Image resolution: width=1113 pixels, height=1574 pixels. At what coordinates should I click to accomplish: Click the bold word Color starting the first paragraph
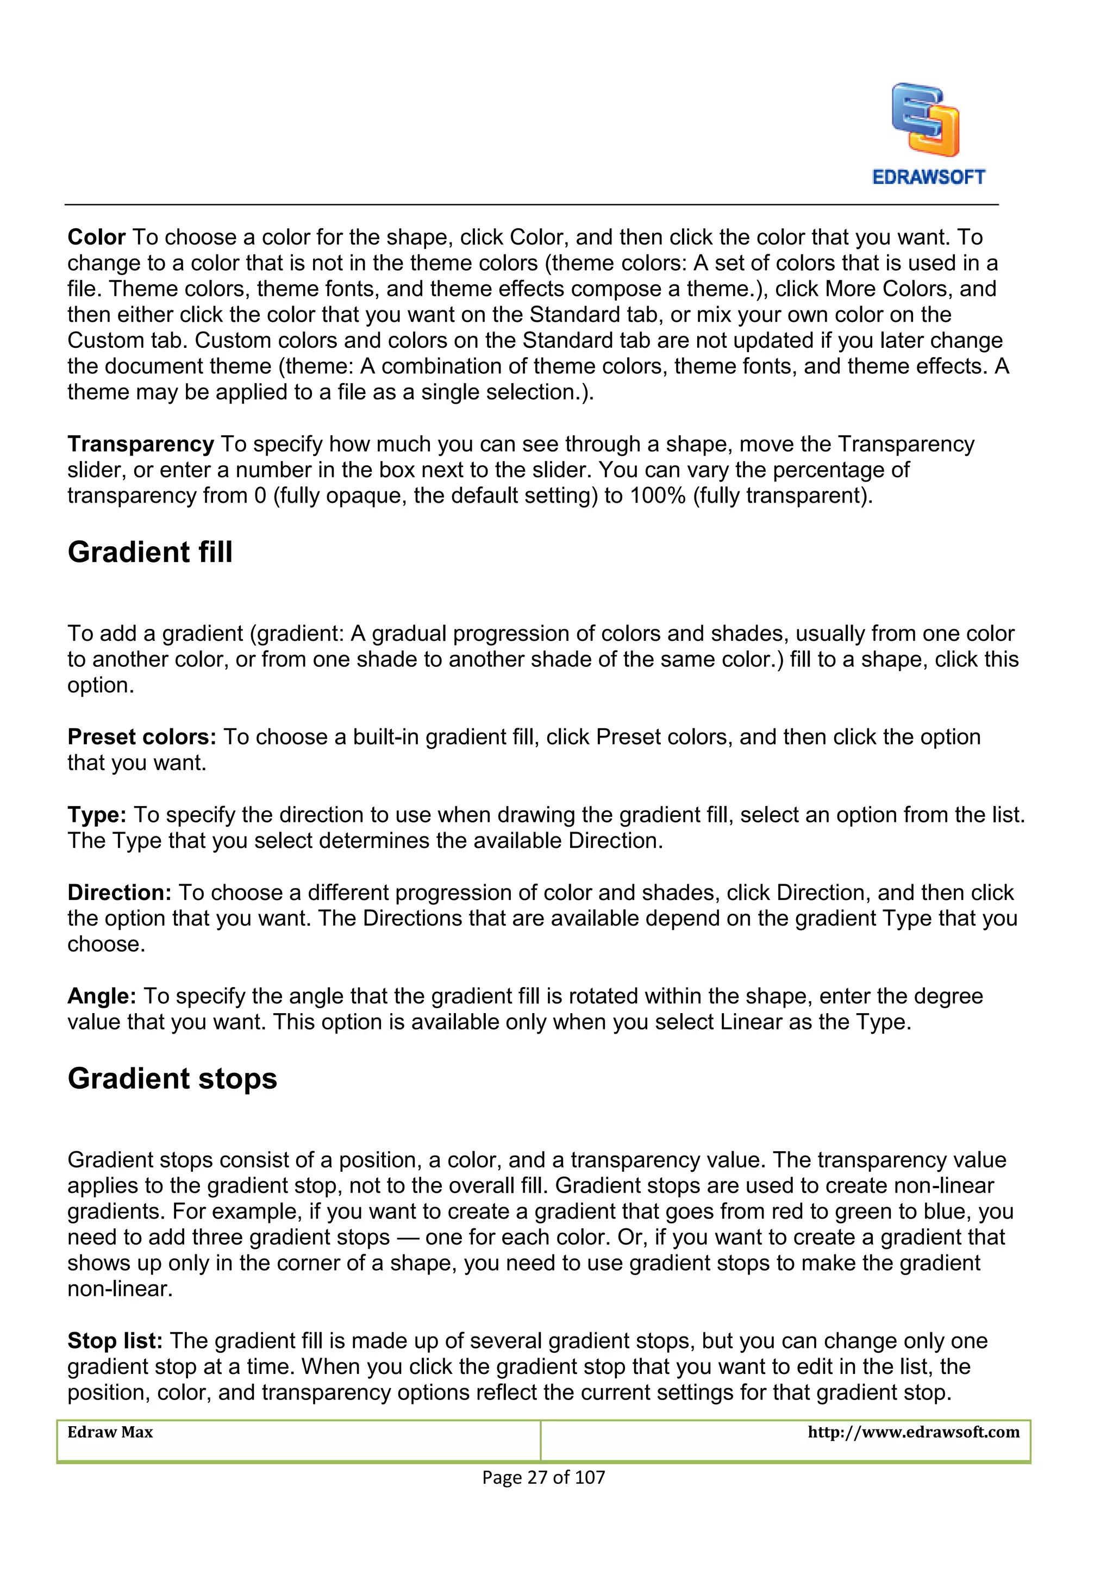click(96, 237)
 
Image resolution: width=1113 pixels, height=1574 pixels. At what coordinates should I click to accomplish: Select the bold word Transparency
click(141, 444)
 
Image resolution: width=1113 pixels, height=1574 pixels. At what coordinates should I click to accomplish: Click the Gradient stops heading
click(172, 1078)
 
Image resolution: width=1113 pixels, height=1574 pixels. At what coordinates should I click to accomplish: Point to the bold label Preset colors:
click(142, 737)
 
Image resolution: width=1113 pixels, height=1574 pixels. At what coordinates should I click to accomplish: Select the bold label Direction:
click(119, 892)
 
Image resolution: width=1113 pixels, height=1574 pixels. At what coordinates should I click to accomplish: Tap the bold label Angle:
click(102, 996)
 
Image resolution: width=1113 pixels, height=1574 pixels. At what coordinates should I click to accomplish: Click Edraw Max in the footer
click(110, 1432)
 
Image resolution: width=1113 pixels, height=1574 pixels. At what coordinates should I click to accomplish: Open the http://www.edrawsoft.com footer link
click(914, 1432)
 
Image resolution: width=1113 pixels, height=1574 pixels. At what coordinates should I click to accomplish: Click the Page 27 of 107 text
click(543, 1477)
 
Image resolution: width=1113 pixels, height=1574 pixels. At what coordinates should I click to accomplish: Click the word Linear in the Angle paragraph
click(751, 1022)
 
